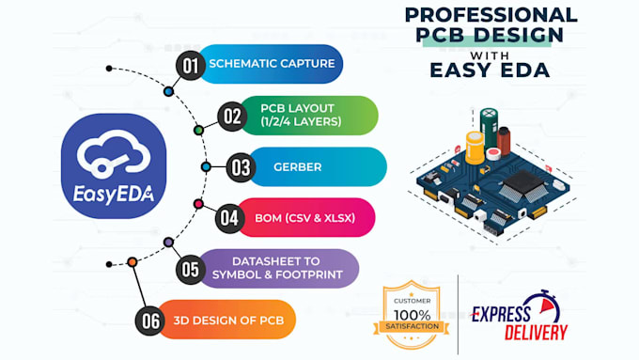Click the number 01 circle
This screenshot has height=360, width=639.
[x=192, y=65]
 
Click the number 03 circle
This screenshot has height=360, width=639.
[x=241, y=167]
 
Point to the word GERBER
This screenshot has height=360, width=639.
[x=298, y=167]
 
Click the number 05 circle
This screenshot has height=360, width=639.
[x=192, y=269]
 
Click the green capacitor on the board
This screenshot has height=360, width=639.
[x=489, y=127]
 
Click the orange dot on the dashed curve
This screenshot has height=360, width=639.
[x=132, y=261]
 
